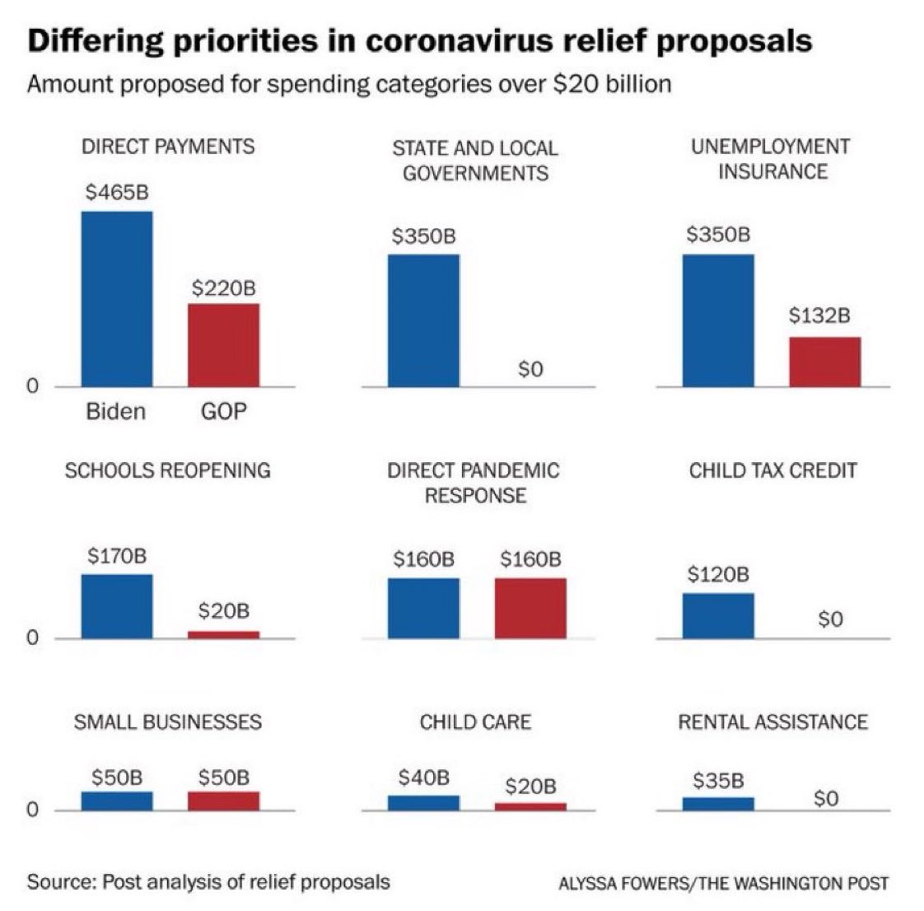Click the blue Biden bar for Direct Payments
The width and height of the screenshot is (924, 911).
pos(116,298)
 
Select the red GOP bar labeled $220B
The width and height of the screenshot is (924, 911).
pos(223,344)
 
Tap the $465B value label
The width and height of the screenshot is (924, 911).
pos(116,193)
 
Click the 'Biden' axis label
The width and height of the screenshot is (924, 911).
pos(115,411)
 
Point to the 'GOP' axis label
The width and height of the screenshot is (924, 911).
pos(223,411)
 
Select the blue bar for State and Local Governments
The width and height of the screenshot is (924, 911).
pos(423,320)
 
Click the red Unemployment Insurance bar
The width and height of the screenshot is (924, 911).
pos(824,361)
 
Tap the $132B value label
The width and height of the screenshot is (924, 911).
pos(819,315)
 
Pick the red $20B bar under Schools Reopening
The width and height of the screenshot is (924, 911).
pos(223,634)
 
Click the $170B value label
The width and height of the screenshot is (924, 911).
pos(116,555)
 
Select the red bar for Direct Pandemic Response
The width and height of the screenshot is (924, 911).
pos(530,608)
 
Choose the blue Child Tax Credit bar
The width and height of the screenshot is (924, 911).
pos(717,615)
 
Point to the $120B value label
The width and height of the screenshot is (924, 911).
pos(718,574)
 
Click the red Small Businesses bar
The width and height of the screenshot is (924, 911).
pos(223,801)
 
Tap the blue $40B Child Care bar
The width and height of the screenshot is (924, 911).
pos(423,802)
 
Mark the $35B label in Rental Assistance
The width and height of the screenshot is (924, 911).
pos(718,779)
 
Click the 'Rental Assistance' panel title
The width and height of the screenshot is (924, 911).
pos(772,722)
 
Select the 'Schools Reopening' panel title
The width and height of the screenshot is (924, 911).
pos(167,470)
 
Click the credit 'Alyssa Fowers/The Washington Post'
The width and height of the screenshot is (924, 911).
pos(723,884)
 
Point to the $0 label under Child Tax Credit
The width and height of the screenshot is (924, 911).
pos(830,619)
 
